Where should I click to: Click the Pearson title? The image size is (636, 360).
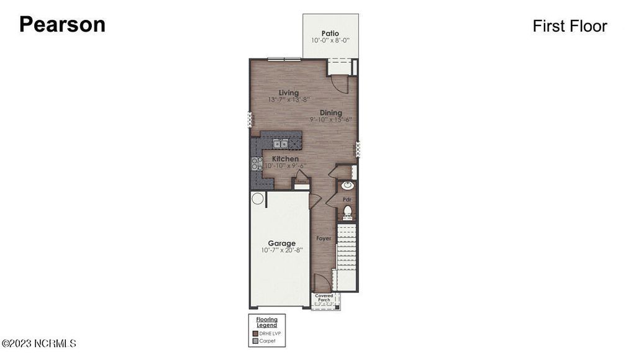pos(62,24)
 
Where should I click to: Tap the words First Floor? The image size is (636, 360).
pos(570,26)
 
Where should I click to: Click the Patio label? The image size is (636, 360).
pos(330,33)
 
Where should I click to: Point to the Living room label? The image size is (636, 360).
pos(288,92)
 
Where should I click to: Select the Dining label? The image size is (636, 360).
pos(331,112)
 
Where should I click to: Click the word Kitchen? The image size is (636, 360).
pos(284,159)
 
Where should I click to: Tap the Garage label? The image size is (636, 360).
pos(281,243)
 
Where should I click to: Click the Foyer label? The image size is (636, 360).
pos(324,238)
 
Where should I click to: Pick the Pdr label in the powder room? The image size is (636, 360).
pos(348,199)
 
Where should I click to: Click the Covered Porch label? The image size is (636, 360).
pos(324,297)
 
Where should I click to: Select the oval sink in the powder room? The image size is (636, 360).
pos(348,185)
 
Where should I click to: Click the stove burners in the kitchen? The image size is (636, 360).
pos(255,164)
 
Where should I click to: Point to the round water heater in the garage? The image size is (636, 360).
pos(258,199)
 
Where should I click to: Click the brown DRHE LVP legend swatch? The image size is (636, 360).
pos(255,333)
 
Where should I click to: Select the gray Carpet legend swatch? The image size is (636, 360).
pos(255,341)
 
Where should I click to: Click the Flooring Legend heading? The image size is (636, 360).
pos(267,322)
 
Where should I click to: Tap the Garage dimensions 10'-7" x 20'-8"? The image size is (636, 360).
pos(281,251)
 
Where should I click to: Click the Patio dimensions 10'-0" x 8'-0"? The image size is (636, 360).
pos(330,40)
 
